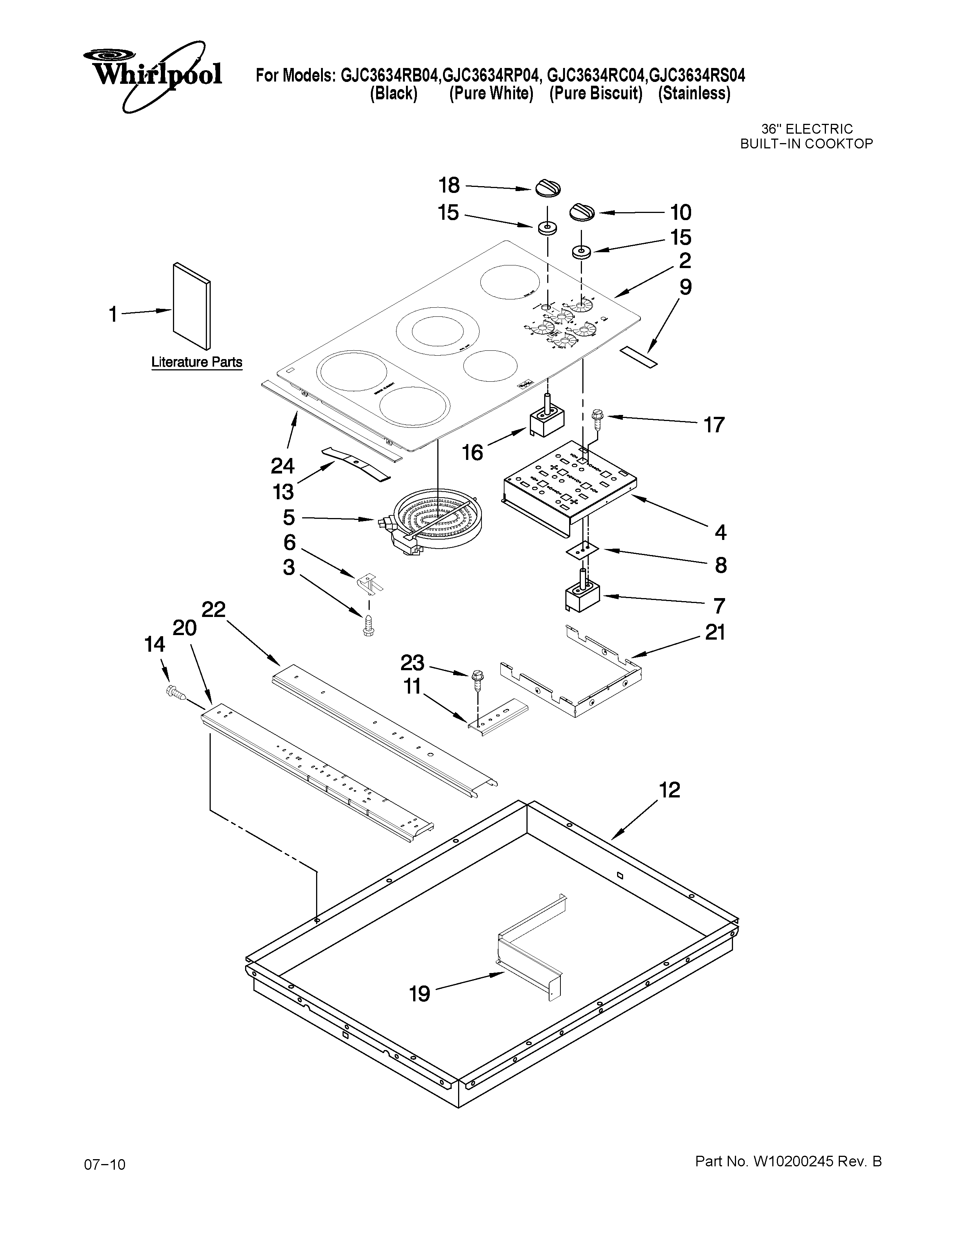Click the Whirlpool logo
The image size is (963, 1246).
tap(153, 74)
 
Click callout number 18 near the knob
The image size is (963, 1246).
tap(449, 185)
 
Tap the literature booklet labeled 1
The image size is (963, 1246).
tap(191, 306)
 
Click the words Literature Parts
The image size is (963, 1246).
tap(196, 362)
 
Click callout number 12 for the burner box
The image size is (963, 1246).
tap(670, 790)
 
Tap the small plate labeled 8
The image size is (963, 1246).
tap(581, 549)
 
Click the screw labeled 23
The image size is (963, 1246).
tap(477, 679)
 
